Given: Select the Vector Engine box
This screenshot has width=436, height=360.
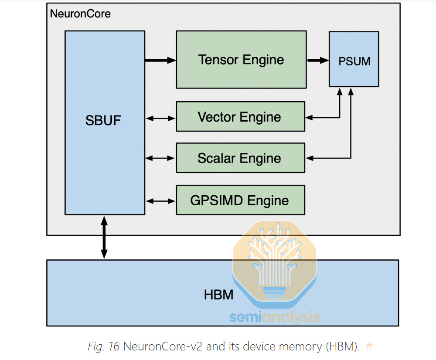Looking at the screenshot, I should pyautogui.click(x=240, y=117).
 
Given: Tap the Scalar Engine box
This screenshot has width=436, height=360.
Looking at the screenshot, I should pyautogui.click(x=240, y=158).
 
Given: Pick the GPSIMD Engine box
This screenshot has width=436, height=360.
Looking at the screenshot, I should pyautogui.click(x=240, y=200).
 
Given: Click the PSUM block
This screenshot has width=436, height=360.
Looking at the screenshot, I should pyautogui.click(x=354, y=61).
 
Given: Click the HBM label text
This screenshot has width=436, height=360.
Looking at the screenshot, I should pyautogui.click(x=218, y=295).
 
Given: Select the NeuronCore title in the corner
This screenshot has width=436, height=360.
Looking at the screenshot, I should pyautogui.click(x=80, y=14).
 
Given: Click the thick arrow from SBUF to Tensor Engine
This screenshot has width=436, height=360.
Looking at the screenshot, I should pyautogui.click(x=160, y=61).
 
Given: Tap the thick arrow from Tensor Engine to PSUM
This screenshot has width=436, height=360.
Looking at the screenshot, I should pyautogui.click(x=317, y=61).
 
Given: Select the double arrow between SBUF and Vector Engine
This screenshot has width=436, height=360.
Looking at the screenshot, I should pyautogui.click(x=160, y=118).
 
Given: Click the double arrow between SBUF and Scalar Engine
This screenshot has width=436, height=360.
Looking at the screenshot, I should pyautogui.click(x=160, y=158).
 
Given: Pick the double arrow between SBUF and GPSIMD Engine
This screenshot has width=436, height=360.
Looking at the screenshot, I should pyautogui.click(x=160, y=200).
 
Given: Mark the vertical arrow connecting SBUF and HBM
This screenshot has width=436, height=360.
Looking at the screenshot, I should pyautogui.click(x=104, y=237).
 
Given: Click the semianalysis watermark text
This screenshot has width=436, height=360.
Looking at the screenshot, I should pyautogui.click(x=275, y=317).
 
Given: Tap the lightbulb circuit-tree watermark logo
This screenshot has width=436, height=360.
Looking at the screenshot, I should pyautogui.click(x=275, y=262).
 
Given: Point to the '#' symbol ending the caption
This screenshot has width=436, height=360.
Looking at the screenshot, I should pyautogui.click(x=369, y=346).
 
